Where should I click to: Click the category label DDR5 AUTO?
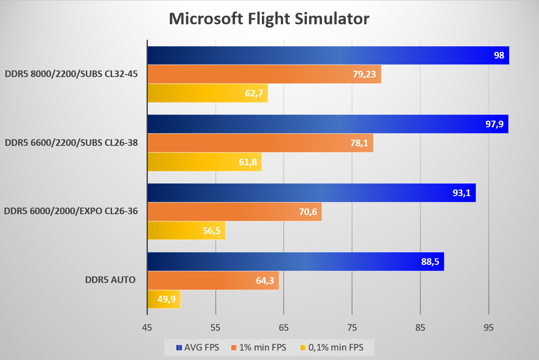(x=110, y=280)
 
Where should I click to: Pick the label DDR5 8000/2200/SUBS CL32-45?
(x=71, y=74)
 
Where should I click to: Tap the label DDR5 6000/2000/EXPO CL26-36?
(x=71, y=211)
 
